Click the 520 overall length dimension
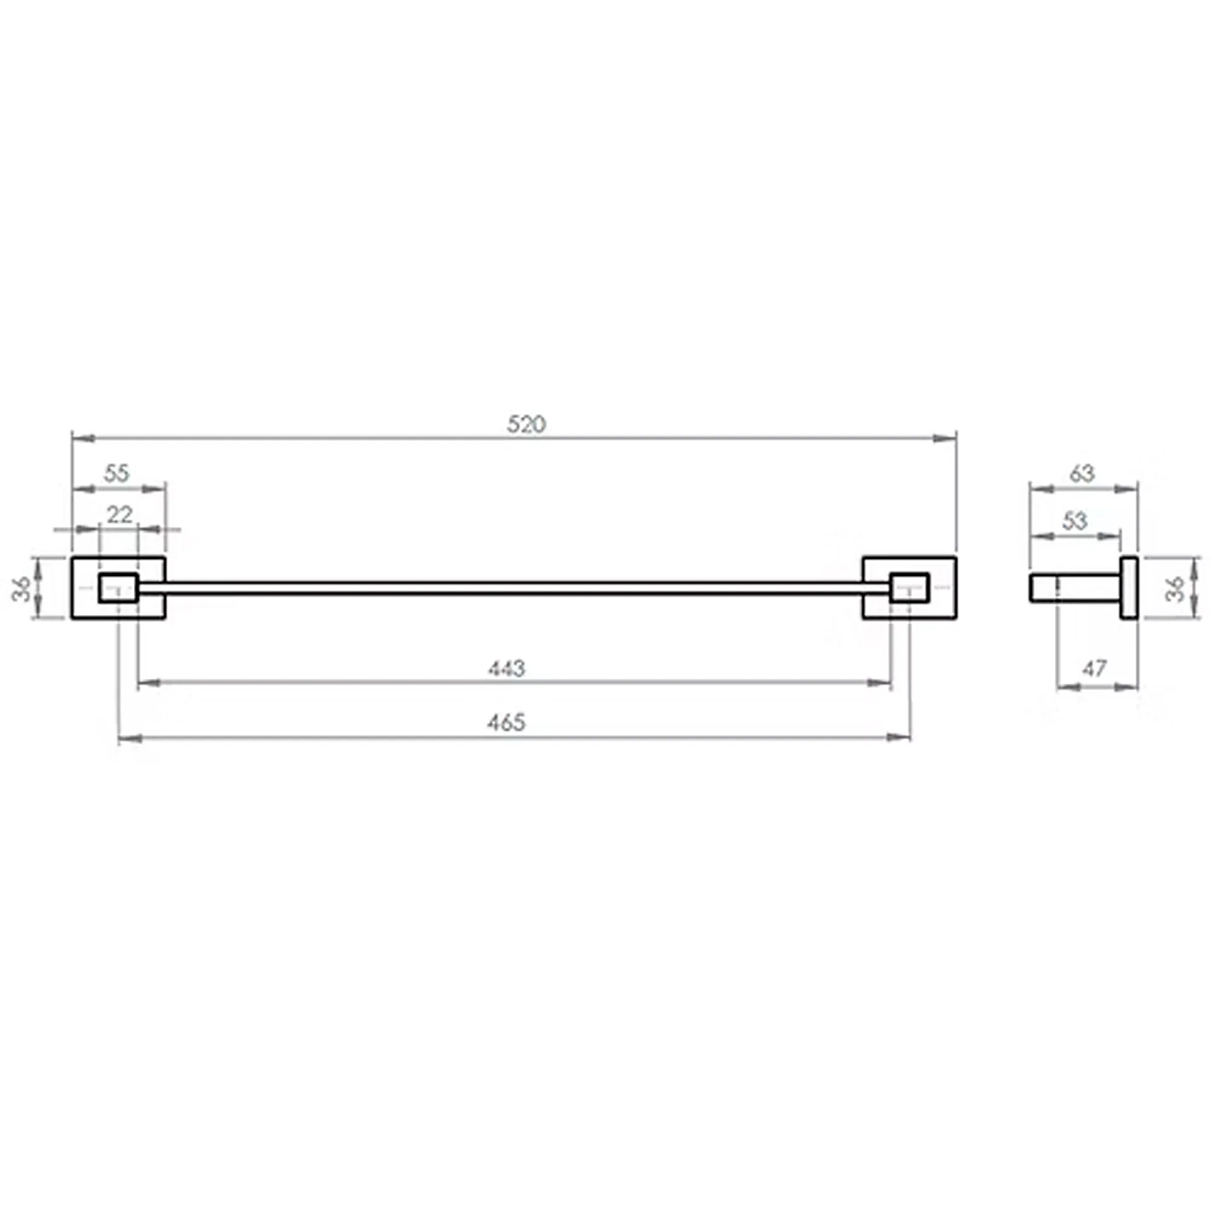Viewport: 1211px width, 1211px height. (527, 424)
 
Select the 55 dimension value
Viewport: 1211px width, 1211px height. (117, 474)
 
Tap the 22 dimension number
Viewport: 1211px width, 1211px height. (119, 515)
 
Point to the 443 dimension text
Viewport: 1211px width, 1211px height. (506, 669)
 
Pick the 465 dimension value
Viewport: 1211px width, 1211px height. (506, 723)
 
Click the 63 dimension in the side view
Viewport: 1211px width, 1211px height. (1082, 474)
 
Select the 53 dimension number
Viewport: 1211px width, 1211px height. (1074, 521)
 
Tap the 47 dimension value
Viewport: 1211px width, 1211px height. (1094, 669)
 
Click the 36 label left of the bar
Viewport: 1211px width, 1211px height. (22, 588)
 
